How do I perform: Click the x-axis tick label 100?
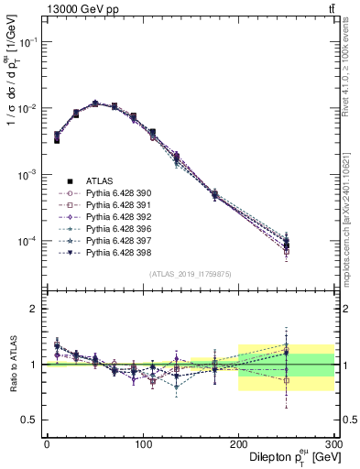143,443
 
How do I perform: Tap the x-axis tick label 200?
238,443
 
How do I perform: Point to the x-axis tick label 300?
333,443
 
